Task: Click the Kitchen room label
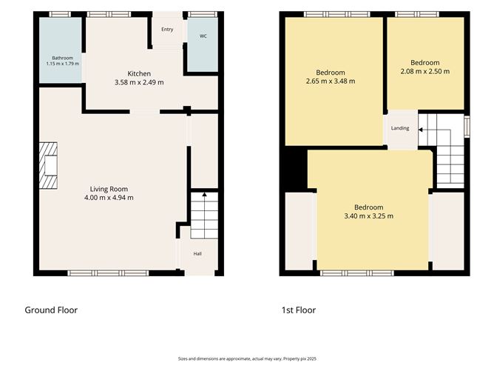pyautogui.click(x=139, y=73)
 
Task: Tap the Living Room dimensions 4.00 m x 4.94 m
pyautogui.click(x=109, y=198)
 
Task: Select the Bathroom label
pyautogui.click(x=62, y=58)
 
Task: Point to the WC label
pyautogui.click(x=203, y=36)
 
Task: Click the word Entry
pyautogui.click(x=167, y=30)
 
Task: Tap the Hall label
pyautogui.click(x=197, y=254)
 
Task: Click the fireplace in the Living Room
pyautogui.click(x=48, y=166)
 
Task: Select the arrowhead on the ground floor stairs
pyautogui.click(x=204, y=194)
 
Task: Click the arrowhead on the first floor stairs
pyautogui.click(x=421, y=130)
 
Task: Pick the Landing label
pyautogui.click(x=400, y=128)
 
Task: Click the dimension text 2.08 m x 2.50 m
pyautogui.click(x=425, y=71)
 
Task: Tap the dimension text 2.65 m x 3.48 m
pyautogui.click(x=331, y=81)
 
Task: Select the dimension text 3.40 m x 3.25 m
pyautogui.click(x=368, y=216)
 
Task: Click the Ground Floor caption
pyautogui.click(x=51, y=310)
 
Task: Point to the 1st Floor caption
pyautogui.click(x=299, y=310)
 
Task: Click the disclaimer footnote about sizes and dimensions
pyautogui.click(x=247, y=358)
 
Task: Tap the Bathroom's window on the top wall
pyautogui.click(x=60, y=14)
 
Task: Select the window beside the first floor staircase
pyautogui.click(x=467, y=127)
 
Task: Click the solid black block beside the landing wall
pyautogui.click(x=296, y=170)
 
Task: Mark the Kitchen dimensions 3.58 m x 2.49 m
pyautogui.click(x=139, y=82)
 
